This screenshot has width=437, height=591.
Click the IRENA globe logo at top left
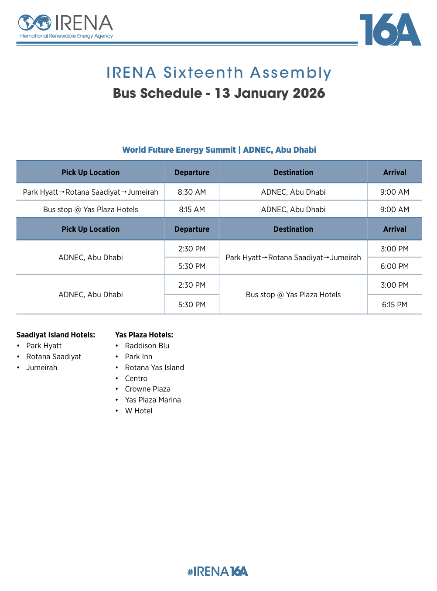point(35,23)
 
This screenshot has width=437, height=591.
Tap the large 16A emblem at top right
point(390,30)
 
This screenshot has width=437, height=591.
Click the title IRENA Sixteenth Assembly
point(218,72)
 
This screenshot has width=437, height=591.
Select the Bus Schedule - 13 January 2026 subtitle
point(218,93)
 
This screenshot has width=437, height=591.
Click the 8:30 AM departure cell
point(192,192)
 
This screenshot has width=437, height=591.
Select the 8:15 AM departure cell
point(192,210)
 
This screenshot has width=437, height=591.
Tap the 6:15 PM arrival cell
point(394,305)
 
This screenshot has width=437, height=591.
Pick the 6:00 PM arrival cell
point(394,266)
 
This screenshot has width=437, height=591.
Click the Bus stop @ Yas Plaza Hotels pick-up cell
point(91,210)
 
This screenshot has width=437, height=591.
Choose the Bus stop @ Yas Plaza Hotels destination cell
point(293,295)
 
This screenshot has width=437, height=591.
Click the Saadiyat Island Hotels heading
point(56,335)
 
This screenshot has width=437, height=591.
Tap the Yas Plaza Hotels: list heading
point(144,335)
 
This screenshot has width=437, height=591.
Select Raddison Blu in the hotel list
point(147,346)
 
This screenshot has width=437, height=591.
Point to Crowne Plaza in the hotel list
point(147,389)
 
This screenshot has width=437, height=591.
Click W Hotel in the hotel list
point(138,411)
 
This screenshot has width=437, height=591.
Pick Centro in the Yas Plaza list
point(136,378)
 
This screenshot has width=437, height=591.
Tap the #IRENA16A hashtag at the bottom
point(218,571)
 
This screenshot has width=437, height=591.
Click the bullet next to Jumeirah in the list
point(18,368)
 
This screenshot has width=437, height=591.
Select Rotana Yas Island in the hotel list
point(154,368)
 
